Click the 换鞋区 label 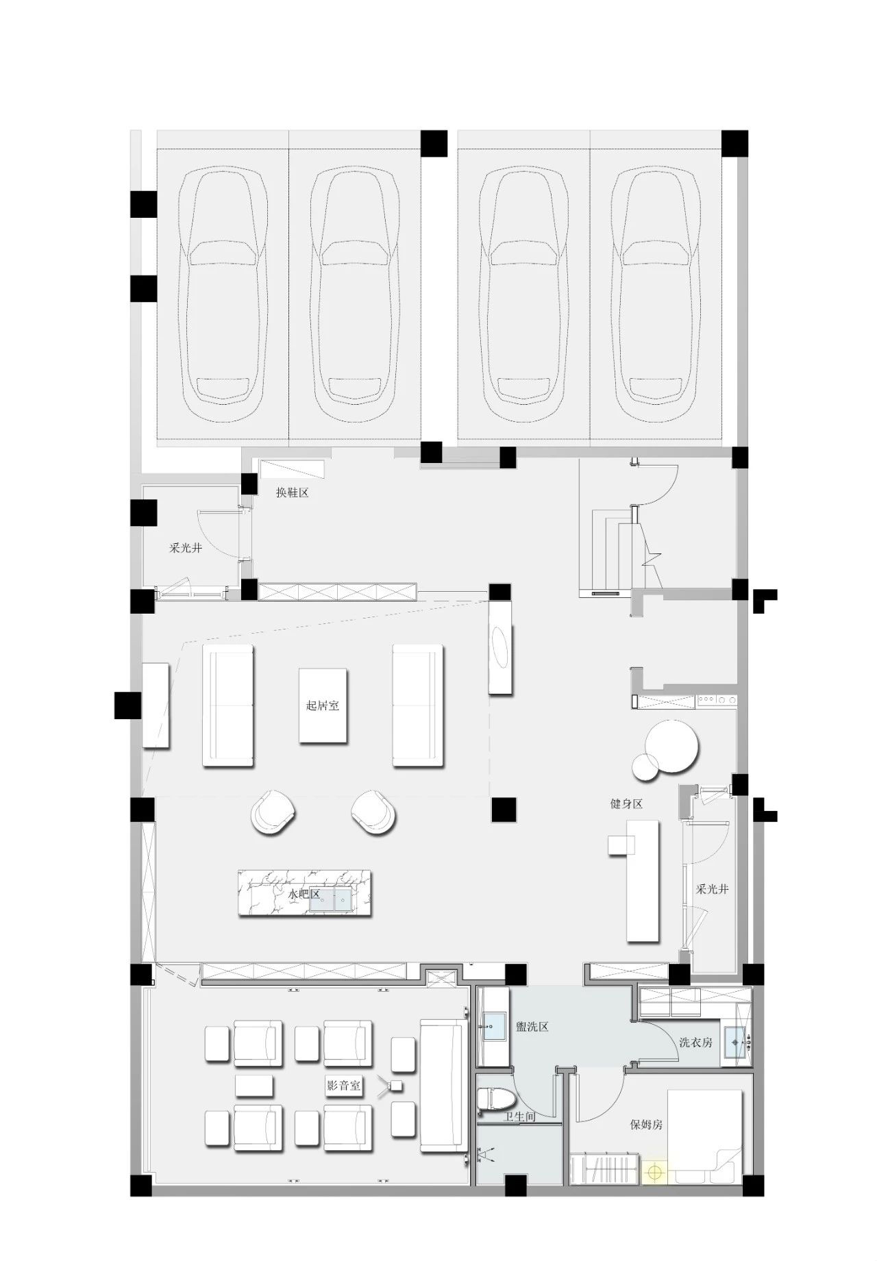[293, 492]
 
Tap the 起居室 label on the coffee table [323, 705]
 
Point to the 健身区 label [627, 803]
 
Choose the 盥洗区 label [532, 1027]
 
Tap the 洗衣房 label [696, 1042]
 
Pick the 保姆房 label [647, 1124]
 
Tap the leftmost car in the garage [223, 288]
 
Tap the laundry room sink [735, 1042]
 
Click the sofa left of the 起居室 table [228, 705]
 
